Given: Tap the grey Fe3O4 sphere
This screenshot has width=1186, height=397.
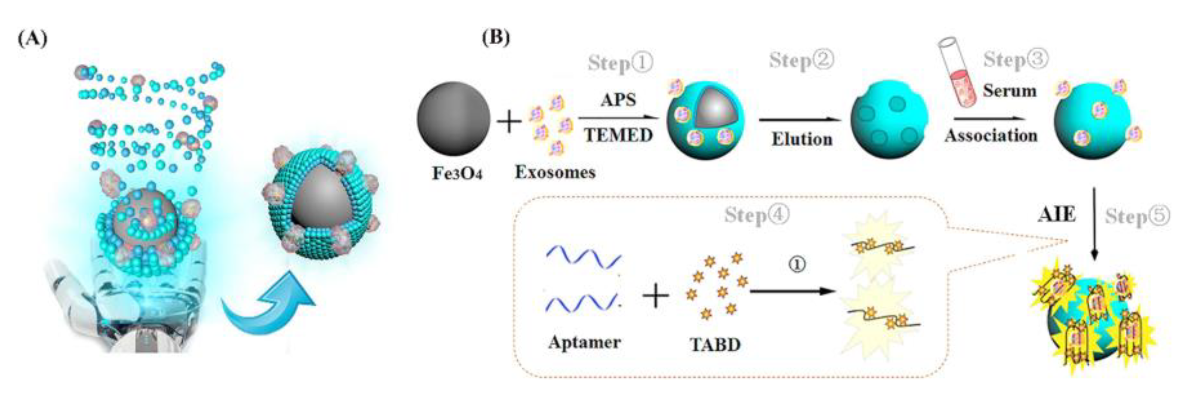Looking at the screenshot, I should [454, 118].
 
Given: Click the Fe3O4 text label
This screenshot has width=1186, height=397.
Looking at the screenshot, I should [457, 174].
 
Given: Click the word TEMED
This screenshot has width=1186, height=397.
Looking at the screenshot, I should [618, 135].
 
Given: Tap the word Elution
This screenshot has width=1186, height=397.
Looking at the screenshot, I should [802, 139].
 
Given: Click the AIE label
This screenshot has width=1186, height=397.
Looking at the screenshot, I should [1057, 215].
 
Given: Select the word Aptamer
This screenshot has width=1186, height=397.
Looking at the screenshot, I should [584, 342].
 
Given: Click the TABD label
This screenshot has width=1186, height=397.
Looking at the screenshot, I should [715, 345].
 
